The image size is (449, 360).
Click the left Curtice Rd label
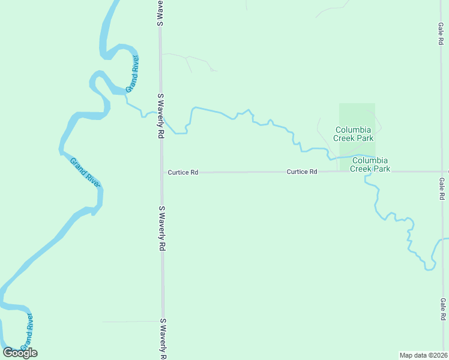(x=183, y=172)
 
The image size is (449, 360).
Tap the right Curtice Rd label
(x=302, y=172)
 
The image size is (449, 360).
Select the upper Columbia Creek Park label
(x=354, y=134)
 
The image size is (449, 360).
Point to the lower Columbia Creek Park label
(x=371, y=164)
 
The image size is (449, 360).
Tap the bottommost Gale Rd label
(x=442, y=308)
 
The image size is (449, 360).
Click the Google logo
(x=20, y=352)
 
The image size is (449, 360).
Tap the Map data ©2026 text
(x=423, y=355)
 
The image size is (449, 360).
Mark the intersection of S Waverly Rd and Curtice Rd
(x=161, y=172)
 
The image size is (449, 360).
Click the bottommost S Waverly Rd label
(x=162, y=339)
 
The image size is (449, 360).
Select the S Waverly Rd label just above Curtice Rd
(x=161, y=116)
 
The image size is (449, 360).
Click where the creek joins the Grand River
(x=127, y=96)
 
